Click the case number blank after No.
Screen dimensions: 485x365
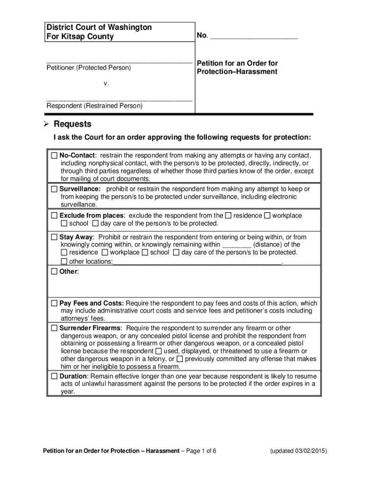pos(254,36)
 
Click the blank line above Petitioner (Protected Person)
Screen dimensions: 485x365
pos(119,62)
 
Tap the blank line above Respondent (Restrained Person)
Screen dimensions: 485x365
pos(119,100)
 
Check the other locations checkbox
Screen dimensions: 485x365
pos(64,261)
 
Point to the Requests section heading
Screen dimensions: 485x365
pos(73,125)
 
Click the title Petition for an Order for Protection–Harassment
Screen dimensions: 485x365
pos(237,67)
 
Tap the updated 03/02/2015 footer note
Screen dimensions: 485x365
pos(298,450)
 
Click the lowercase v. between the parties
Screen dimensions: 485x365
pos(106,83)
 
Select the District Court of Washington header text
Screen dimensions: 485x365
pos(99,27)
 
